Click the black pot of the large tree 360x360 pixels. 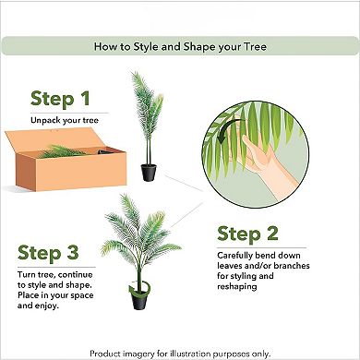click(140, 298)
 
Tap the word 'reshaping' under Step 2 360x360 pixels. click(245, 287)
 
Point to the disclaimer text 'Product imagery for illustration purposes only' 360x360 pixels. click(180, 353)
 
